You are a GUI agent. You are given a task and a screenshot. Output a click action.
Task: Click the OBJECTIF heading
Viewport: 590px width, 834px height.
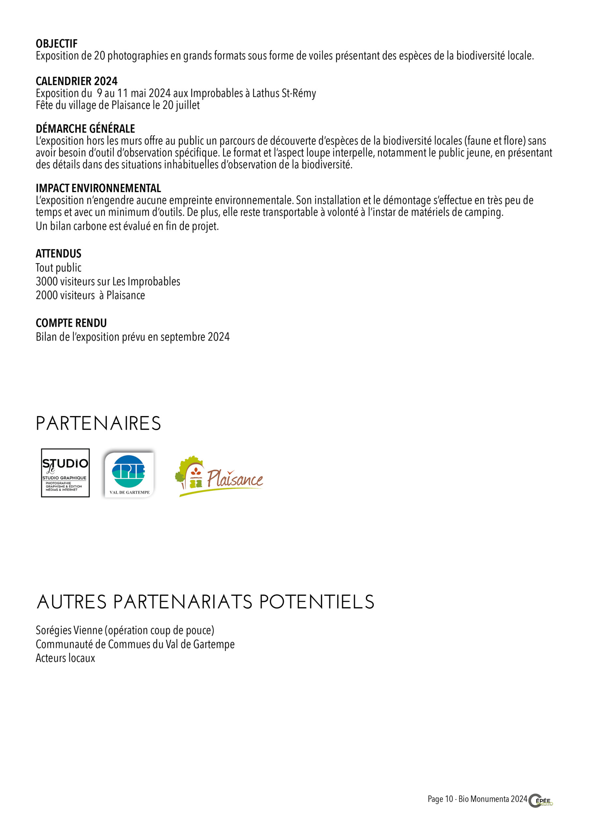(56, 44)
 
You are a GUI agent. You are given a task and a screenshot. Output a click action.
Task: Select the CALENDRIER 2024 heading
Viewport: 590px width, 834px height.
(76, 81)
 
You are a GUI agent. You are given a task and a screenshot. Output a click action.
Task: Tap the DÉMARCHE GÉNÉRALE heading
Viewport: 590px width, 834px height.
(85, 129)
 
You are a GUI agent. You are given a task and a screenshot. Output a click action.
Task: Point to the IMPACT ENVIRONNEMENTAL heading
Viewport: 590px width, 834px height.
(98, 189)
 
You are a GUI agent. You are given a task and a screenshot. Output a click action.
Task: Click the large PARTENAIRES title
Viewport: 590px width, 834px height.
(98, 424)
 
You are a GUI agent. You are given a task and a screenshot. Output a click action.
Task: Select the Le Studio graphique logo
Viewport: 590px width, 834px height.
(65, 473)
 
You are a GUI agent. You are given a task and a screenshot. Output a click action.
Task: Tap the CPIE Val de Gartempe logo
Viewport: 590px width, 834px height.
(129, 474)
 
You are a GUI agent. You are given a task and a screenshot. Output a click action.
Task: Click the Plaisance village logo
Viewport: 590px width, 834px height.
(219, 476)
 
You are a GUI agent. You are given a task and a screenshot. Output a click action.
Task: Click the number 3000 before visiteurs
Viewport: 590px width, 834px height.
(46, 282)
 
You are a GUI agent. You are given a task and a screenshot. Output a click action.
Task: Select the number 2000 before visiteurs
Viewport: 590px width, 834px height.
(46, 296)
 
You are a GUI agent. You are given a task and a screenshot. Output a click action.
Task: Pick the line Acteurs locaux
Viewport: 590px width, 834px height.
(66, 658)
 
